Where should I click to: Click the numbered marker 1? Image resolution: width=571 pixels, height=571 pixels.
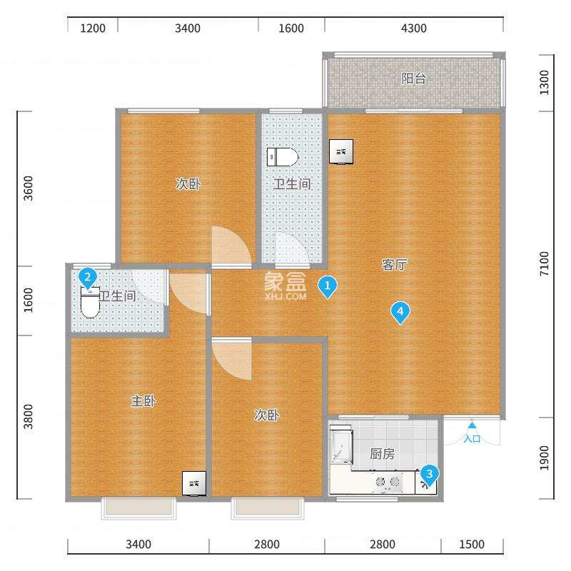(328, 287)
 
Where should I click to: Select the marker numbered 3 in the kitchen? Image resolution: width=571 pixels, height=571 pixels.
(428, 473)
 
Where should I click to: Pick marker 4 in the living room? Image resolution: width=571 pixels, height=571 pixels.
(400, 311)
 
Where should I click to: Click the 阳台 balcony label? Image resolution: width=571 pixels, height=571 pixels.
(414, 79)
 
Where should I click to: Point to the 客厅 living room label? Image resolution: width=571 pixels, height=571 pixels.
(395, 265)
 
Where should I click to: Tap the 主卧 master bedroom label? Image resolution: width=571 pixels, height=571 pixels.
(143, 401)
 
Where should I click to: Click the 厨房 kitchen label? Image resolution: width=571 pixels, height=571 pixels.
(383, 453)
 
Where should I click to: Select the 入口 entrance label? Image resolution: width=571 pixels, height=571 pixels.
(472, 438)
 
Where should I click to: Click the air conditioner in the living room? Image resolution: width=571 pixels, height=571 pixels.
(340, 151)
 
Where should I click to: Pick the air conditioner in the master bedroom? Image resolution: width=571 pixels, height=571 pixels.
(194, 483)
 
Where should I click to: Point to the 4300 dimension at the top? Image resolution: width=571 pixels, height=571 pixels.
(414, 29)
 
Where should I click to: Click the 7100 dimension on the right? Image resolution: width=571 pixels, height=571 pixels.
(545, 264)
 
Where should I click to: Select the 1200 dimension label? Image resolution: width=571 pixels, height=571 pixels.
(93, 29)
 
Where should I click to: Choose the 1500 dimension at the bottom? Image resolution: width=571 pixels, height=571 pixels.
(472, 545)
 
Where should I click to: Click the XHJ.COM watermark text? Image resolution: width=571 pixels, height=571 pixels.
(285, 295)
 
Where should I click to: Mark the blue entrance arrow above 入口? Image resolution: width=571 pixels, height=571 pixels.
(472, 425)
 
